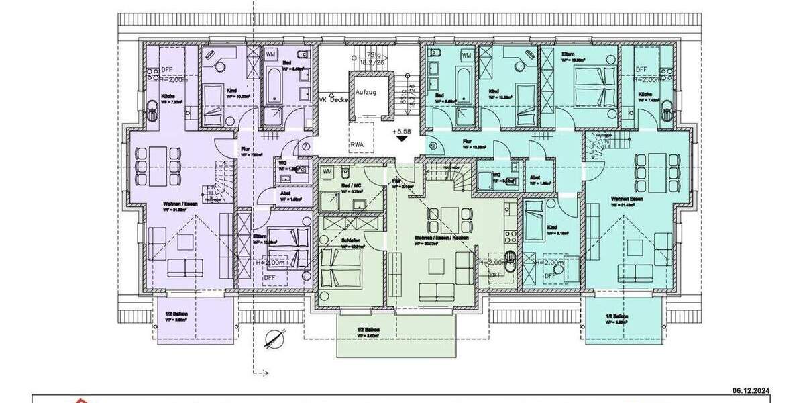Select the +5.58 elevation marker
[401, 132]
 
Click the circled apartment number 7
[306, 146]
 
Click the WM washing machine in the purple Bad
[271, 54]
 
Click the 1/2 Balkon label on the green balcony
[369, 330]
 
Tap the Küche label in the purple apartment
[164, 96]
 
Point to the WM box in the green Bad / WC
[327, 172]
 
